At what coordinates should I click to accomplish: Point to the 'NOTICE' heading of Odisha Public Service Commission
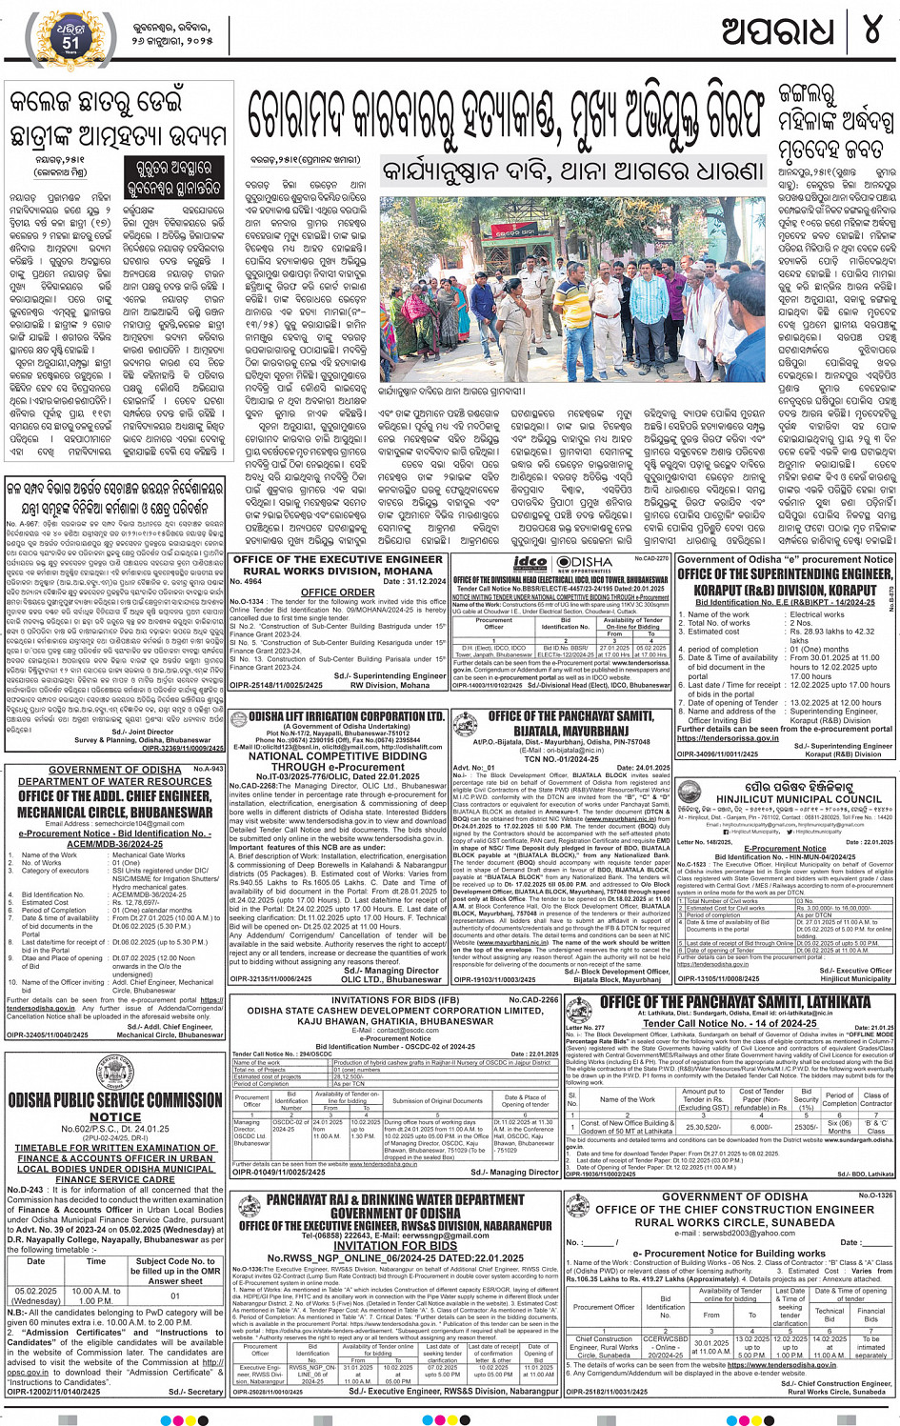pyautogui.click(x=115, y=1117)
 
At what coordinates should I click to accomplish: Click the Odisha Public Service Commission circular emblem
pyautogui.click(x=114, y=1073)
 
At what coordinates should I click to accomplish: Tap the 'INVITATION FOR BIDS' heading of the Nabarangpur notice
pyautogui.click(x=394, y=1245)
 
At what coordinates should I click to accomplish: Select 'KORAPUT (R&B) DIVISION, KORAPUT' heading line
pyautogui.click(x=785, y=590)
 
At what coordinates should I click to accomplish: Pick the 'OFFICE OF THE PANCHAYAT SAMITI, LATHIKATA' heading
pyautogui.click(x=735, y=1002)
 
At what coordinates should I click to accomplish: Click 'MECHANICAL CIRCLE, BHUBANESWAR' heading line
pyautogui.click(x=115, y=813)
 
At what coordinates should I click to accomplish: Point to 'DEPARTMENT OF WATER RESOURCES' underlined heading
pyautogui.click(x=115, y=781)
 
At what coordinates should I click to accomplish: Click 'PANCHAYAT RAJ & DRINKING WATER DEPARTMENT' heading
pyautogui.click(x=394, y=1200)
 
